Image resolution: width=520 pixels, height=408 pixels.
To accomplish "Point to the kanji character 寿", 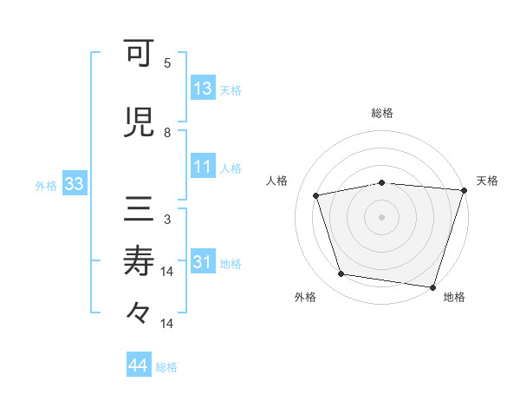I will coord(139,260).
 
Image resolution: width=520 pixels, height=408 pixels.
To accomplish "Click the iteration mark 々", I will coord(139,312).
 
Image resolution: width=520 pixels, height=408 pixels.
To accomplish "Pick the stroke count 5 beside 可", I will coord(167,63).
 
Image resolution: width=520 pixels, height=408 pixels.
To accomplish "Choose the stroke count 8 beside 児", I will coord(167,132).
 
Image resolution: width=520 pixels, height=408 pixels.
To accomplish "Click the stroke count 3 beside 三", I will coord(167,219).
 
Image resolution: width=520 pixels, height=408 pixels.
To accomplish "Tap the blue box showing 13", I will coord(203,89).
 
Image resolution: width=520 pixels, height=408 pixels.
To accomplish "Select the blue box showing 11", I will coord(203,167).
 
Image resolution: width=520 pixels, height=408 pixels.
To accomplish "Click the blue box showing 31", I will coord(203,262).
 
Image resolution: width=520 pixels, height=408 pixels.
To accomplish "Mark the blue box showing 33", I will coord(73,184).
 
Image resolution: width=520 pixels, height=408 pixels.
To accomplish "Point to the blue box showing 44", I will coord(138,365).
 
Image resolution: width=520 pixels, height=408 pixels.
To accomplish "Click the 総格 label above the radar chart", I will coord(382,113).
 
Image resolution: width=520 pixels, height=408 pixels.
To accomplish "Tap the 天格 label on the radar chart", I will coord(488,181).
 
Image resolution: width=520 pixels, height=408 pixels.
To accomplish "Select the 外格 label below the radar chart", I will coord(305,297).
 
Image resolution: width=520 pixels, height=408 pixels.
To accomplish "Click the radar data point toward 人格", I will coord(316,195).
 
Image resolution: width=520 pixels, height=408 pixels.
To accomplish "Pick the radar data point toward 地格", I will coord(433,286).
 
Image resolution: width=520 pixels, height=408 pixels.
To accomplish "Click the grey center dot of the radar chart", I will coord(382,216).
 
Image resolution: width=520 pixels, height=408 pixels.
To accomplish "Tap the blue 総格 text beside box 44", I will coord(167,367).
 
